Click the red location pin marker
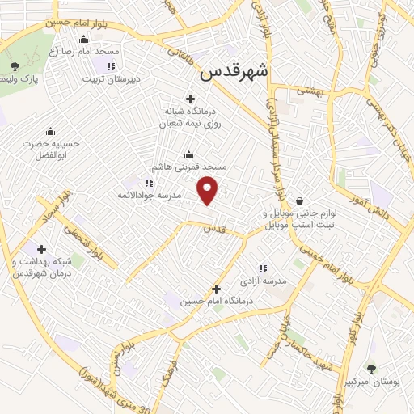(x=209, y=190)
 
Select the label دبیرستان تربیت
(x=114, y=79)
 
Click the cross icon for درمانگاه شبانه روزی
(x=191, y=99)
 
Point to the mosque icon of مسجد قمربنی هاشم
(x=188, y=154)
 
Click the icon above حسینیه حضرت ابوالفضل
(x=51, y=132)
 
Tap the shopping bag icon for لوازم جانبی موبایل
(x=300, y=201)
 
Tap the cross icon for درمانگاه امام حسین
(x=216, y=289)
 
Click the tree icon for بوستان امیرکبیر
(x=371, y=368)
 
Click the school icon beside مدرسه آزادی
(x=262, y=268)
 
